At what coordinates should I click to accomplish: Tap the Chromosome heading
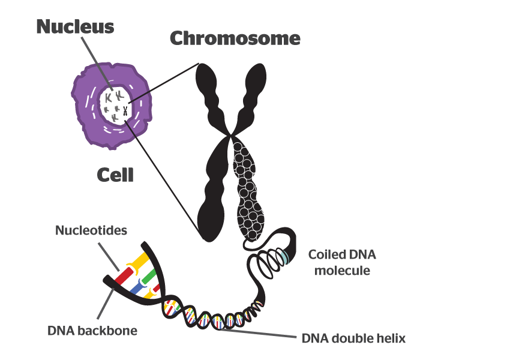click(x=235, y=39)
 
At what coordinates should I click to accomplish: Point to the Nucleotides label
click(x=91, y=230)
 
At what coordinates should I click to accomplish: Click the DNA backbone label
click(x=93, y=331)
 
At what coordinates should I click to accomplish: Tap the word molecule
click(x=339, y=270)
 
